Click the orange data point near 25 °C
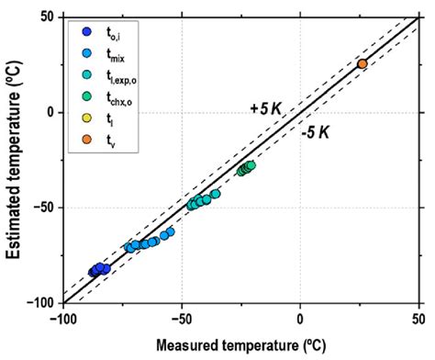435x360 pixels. coord(362,64)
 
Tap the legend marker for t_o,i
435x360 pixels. coord(84,34)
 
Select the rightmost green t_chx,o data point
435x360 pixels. coord(250,165)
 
